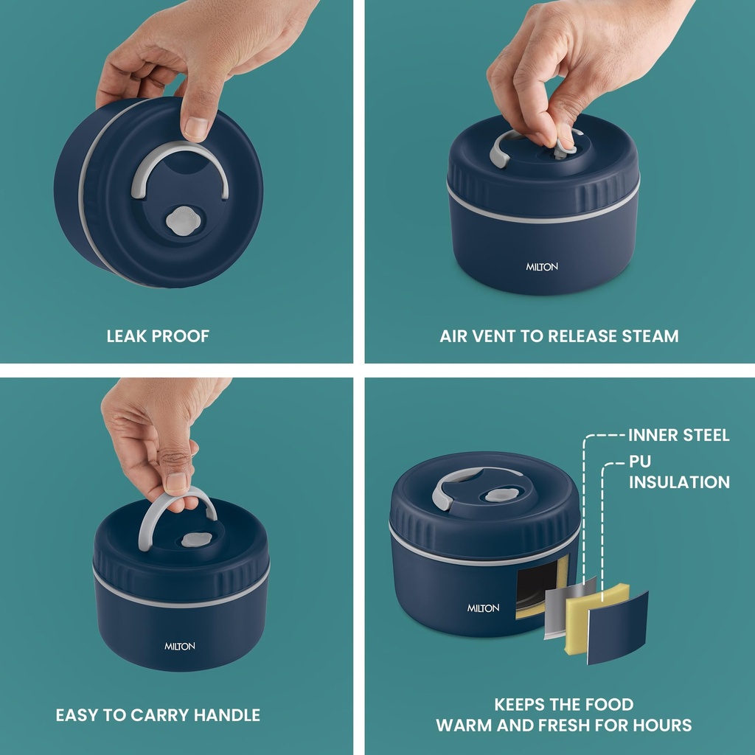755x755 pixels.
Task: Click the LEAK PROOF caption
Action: pyautogui.click(x=158, y=336)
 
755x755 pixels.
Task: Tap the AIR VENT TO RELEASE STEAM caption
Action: pyautogui.click(x=559, y=336)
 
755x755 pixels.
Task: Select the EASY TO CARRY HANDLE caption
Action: pyautogui.click(x=158, y=715)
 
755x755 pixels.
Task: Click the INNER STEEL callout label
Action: pyautogui.click(x=679, y=435)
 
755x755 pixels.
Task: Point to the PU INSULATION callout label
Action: pyautogui.click(x=679, y=472)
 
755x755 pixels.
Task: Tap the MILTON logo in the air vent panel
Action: pyautogui.click(x=542, y=267)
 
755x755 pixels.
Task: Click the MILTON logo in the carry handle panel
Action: pyautogui.click(x=180, y=646)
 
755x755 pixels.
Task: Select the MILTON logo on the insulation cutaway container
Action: pyautogui.click(x=483, y=608)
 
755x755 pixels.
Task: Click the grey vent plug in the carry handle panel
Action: pyautogui.click(x=198, y=540)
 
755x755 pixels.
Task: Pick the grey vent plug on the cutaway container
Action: pyautogui.click(x=501, y=495)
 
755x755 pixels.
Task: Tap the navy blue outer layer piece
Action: pyautogui.click(x=617, y=628)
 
